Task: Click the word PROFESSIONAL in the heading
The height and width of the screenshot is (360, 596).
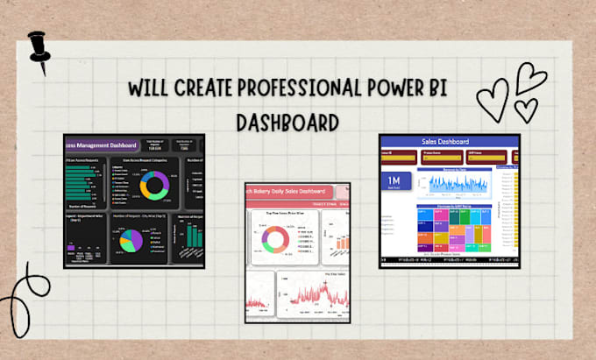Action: pos(296,89)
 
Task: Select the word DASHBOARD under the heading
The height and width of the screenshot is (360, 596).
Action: pos(287,122)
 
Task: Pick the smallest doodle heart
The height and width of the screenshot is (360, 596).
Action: pos(526,109)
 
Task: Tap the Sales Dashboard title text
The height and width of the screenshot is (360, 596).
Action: pos(445,141)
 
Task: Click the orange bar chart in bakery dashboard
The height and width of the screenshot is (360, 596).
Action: pos(337,241)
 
